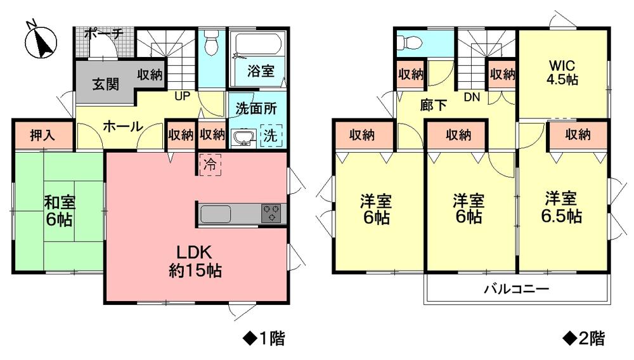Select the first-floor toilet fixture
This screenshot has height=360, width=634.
click(211, 45)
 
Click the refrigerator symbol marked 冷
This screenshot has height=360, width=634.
click(210, 164)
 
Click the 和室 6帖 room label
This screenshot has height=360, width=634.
click(59, 212)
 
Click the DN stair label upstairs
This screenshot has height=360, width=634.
click(471, 98)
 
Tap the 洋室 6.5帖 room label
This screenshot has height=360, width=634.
click(562, 207)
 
